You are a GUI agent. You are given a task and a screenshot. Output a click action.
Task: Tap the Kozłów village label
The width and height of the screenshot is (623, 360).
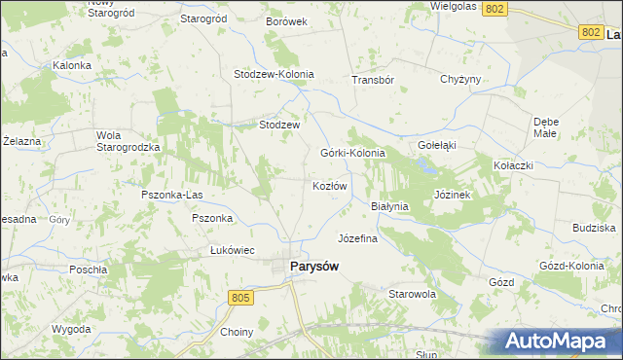pos(329,185)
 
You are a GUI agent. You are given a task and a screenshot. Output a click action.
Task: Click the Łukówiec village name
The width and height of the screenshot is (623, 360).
pos(233,250)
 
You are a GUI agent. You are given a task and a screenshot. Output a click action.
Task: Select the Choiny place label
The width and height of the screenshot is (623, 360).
pos(237,332)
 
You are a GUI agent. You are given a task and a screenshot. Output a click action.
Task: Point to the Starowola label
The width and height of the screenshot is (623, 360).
pos(412,293)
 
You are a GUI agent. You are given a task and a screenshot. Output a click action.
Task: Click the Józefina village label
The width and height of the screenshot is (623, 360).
pos(357,237)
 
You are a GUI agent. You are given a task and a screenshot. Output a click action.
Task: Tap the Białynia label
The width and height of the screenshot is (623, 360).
pos(390,206)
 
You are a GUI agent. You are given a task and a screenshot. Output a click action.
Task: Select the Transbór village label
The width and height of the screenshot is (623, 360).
pos(373,80)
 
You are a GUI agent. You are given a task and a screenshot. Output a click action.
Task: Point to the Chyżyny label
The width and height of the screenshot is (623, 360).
pos(461,79)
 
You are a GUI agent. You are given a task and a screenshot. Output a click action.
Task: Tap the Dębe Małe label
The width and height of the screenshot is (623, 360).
pos(545,127)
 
